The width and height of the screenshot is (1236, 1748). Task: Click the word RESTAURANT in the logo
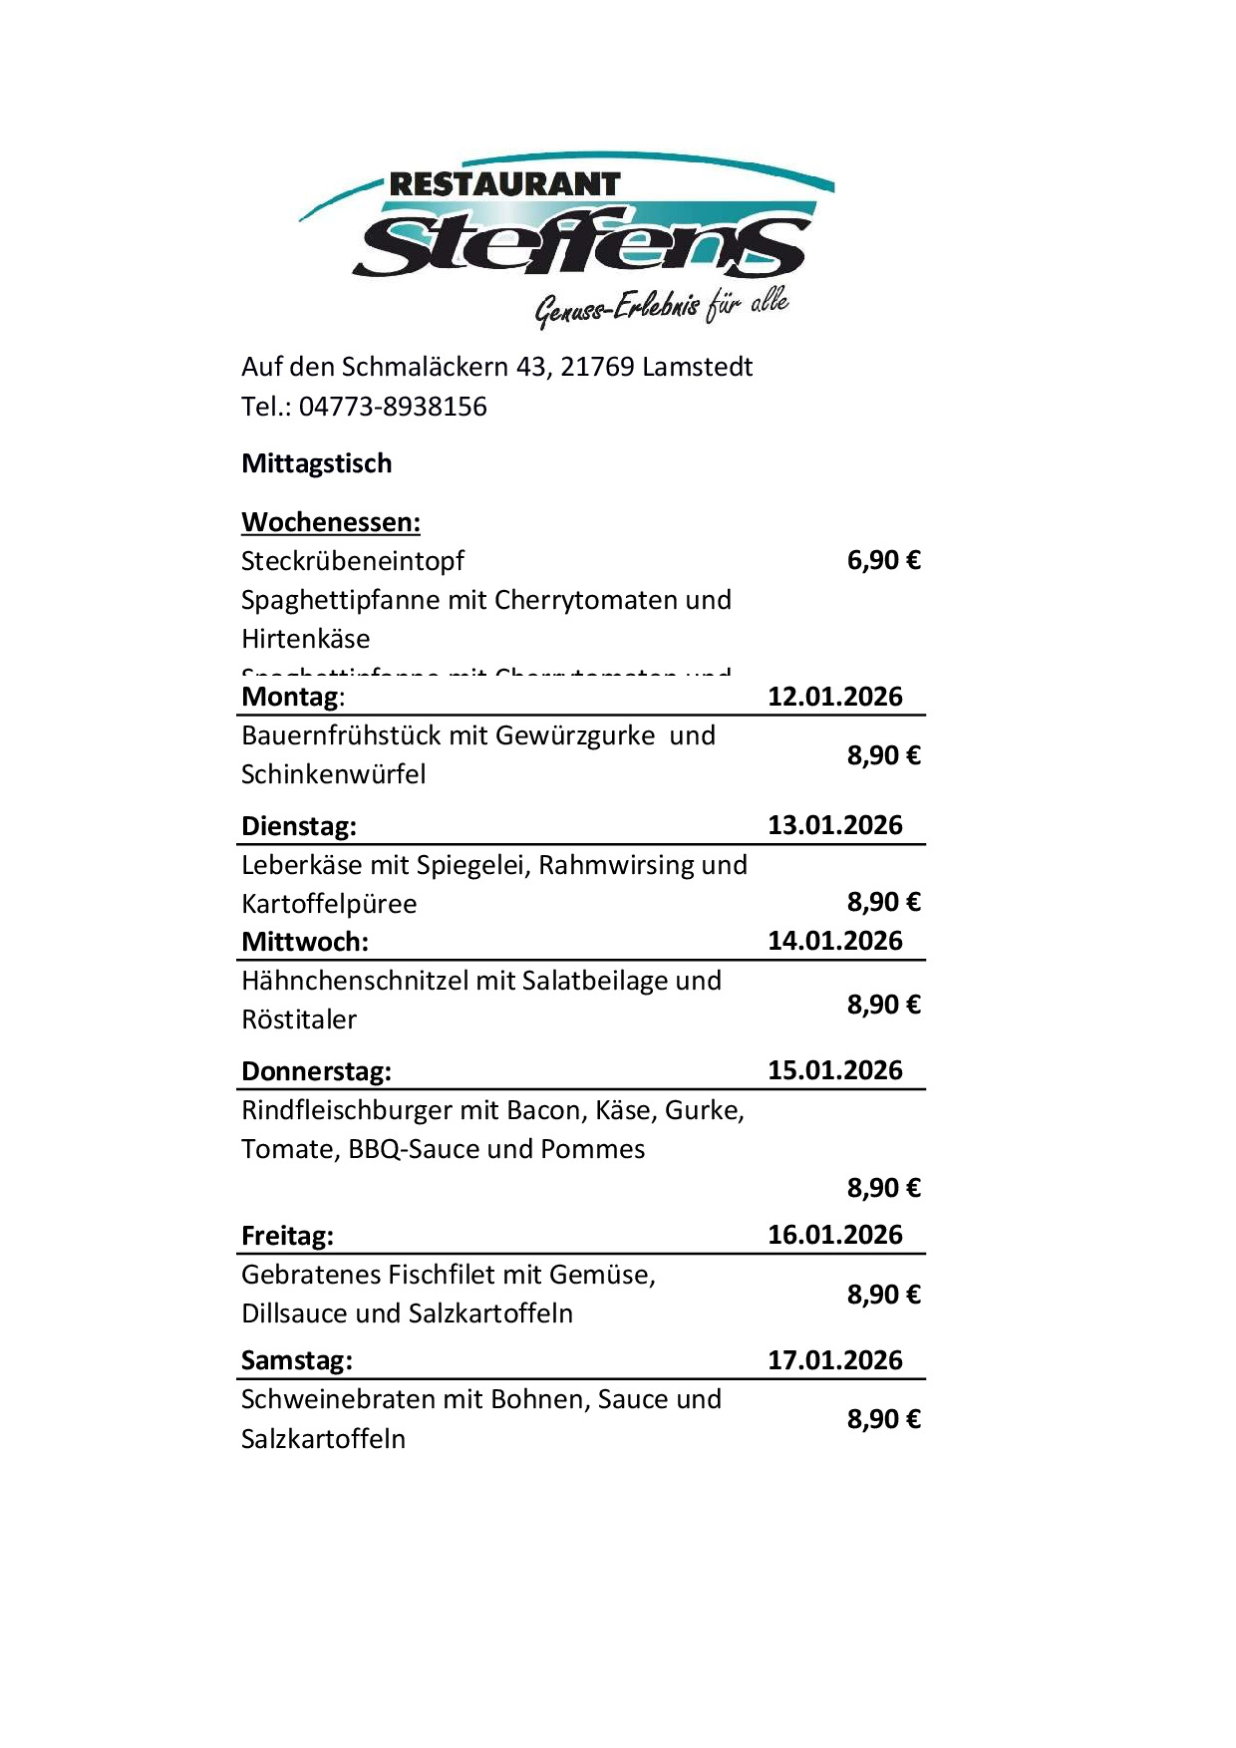click(x=504, y=184)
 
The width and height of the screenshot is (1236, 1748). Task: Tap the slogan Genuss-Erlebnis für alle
click(x=662, y=305)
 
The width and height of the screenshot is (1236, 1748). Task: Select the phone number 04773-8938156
click(x=393, y=407)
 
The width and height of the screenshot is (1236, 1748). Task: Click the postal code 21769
click(x=597, y=367)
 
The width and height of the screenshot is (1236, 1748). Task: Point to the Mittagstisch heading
click(x=317, y=463)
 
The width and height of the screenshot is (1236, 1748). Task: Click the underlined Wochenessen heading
click(x=331, y=522)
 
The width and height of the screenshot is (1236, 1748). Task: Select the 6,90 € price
click(x=883, y=560)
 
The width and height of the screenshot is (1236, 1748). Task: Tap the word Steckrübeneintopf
click(x=353, y=561)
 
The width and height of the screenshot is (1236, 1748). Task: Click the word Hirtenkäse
click(x=306, y=639)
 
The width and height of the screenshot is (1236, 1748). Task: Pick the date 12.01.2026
click(x=834, y=696)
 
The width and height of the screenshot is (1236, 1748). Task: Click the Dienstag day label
click(x=299, y=826)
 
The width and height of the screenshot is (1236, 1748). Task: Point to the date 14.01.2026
click(x=834, y=941)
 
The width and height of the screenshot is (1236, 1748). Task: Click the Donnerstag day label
click(x=316, y=1071)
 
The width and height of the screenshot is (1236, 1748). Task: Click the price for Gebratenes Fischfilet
click(x=883, y=1295)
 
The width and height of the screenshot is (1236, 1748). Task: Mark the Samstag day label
click(x=297, y=1360)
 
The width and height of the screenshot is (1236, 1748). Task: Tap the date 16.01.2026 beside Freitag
click(x=834, y=1235)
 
